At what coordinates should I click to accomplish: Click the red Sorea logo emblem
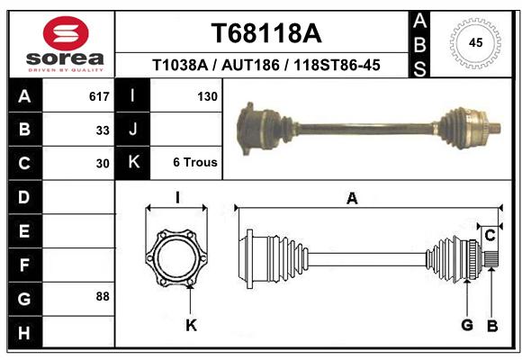pyautogui.click(x=66, y=33)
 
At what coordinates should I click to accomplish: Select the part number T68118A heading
pyautogui.click(x=266, y=33)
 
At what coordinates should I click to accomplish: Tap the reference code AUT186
pyautogui.click(x=250, y=65)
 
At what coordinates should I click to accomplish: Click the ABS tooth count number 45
pyautogui.click(x=475, y=43)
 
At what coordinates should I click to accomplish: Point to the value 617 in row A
pyautogui.click(x=99, y=96)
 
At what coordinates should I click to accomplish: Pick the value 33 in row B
pyautogui.click(x=103, y=130)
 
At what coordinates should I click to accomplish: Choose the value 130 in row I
pyautogui.click(x=207, y=96)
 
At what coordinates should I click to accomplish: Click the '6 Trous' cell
pyautogui.click(x=195, y=163)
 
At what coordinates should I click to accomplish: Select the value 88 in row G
pyautogui.click(x=103, y=296)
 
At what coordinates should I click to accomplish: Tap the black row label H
pyautogui.click(x=25, y=332)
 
